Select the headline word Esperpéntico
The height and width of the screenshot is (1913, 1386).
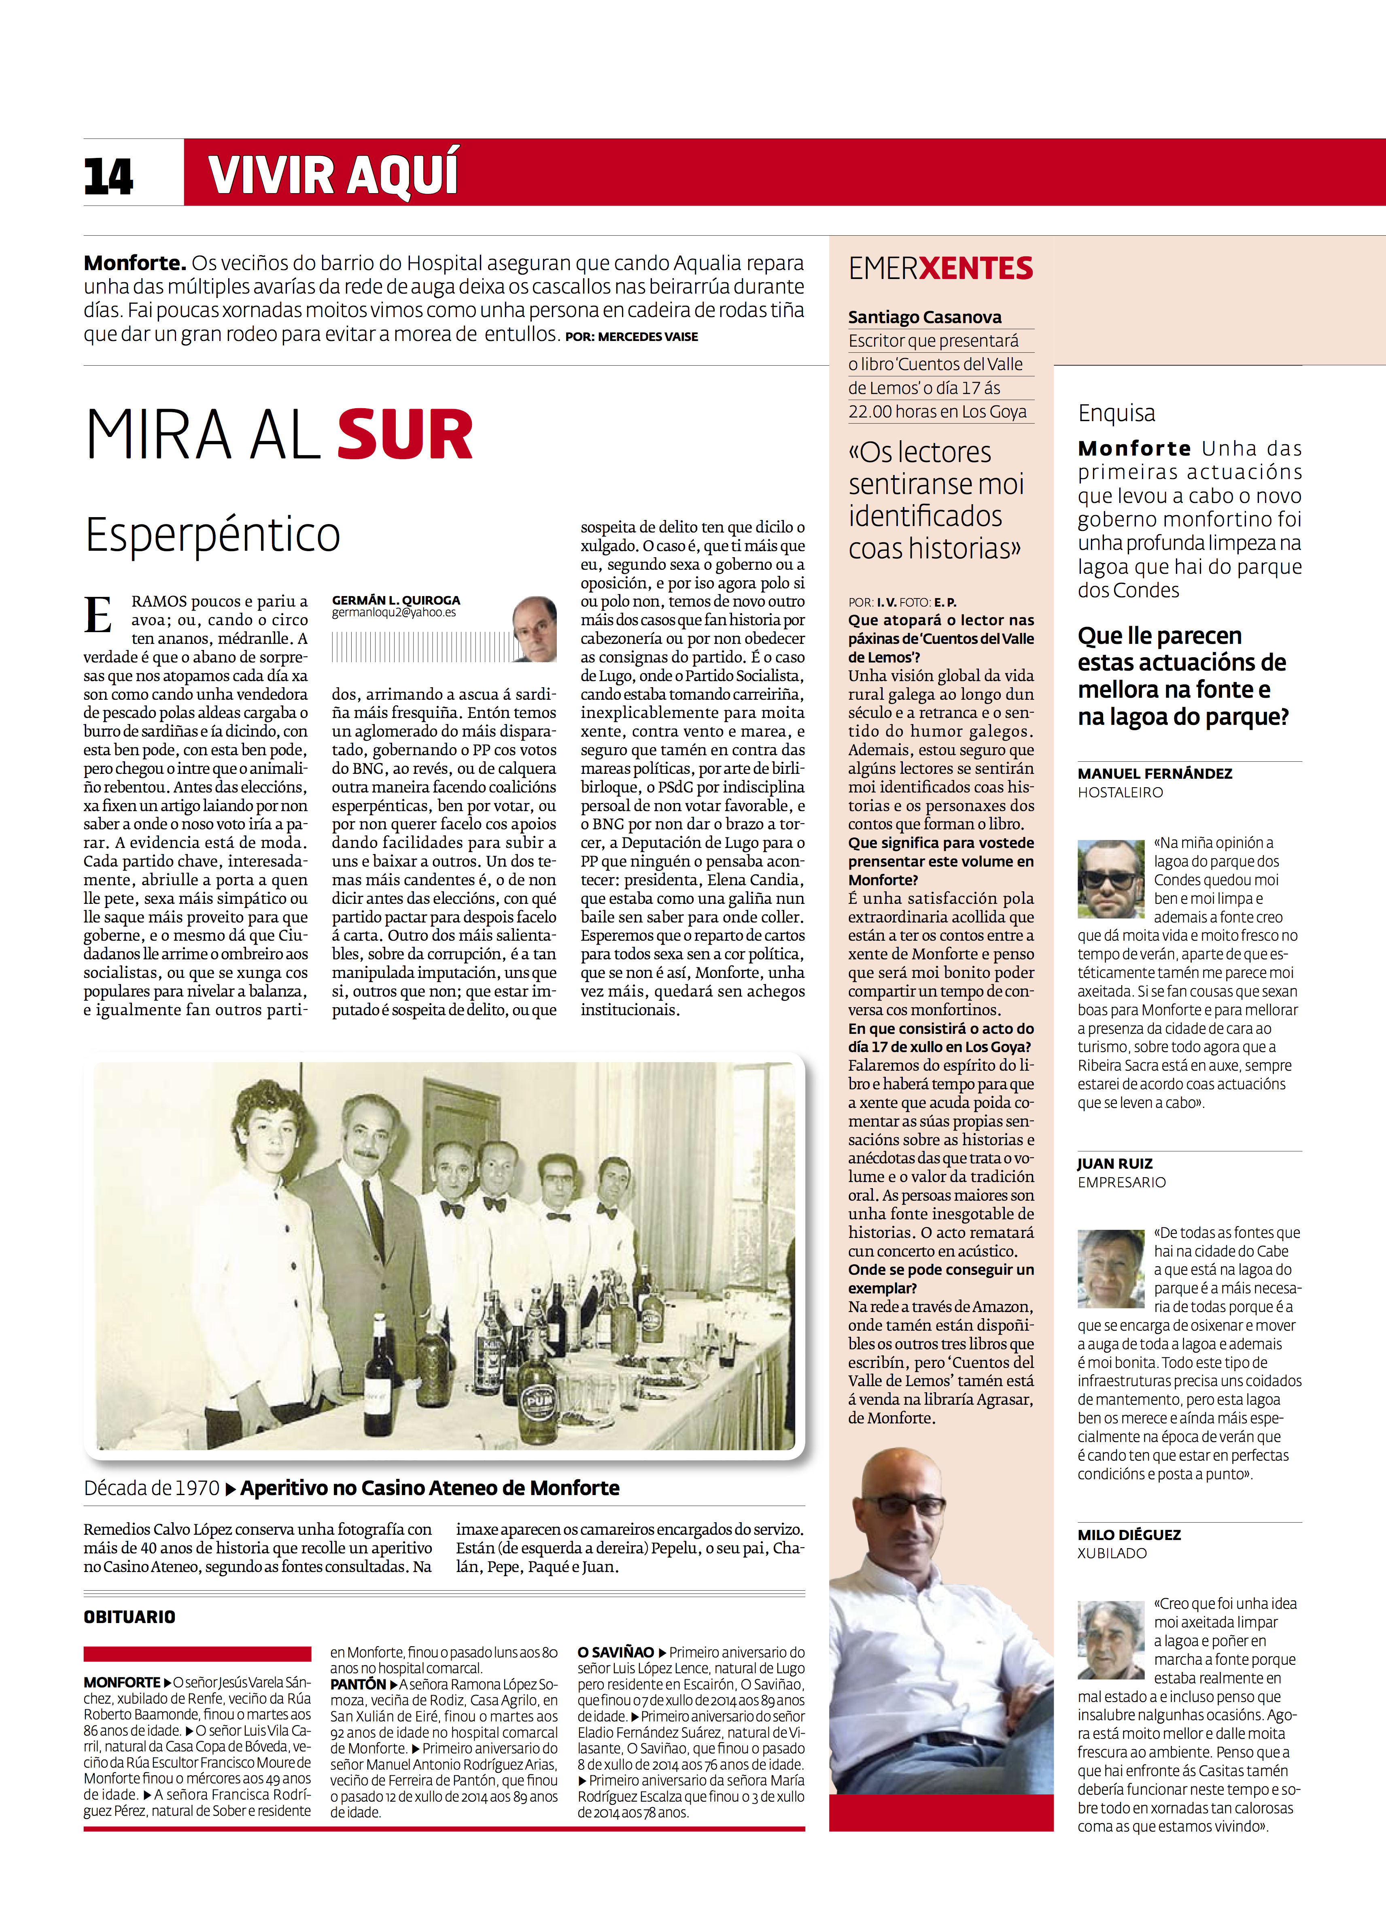pos(213,535)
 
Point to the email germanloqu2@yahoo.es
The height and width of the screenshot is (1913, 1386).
pos(394,613)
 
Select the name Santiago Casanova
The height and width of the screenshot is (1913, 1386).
pos(925,317)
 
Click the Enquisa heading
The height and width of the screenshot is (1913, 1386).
pos(1116,413)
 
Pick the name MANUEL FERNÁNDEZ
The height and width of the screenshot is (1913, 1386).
pos(1154,773)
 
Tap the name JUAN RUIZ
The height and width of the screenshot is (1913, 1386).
pos(1114,1163)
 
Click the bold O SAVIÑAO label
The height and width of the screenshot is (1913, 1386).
pos(616,1652)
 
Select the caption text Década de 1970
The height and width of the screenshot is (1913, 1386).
pos(152,1488)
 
